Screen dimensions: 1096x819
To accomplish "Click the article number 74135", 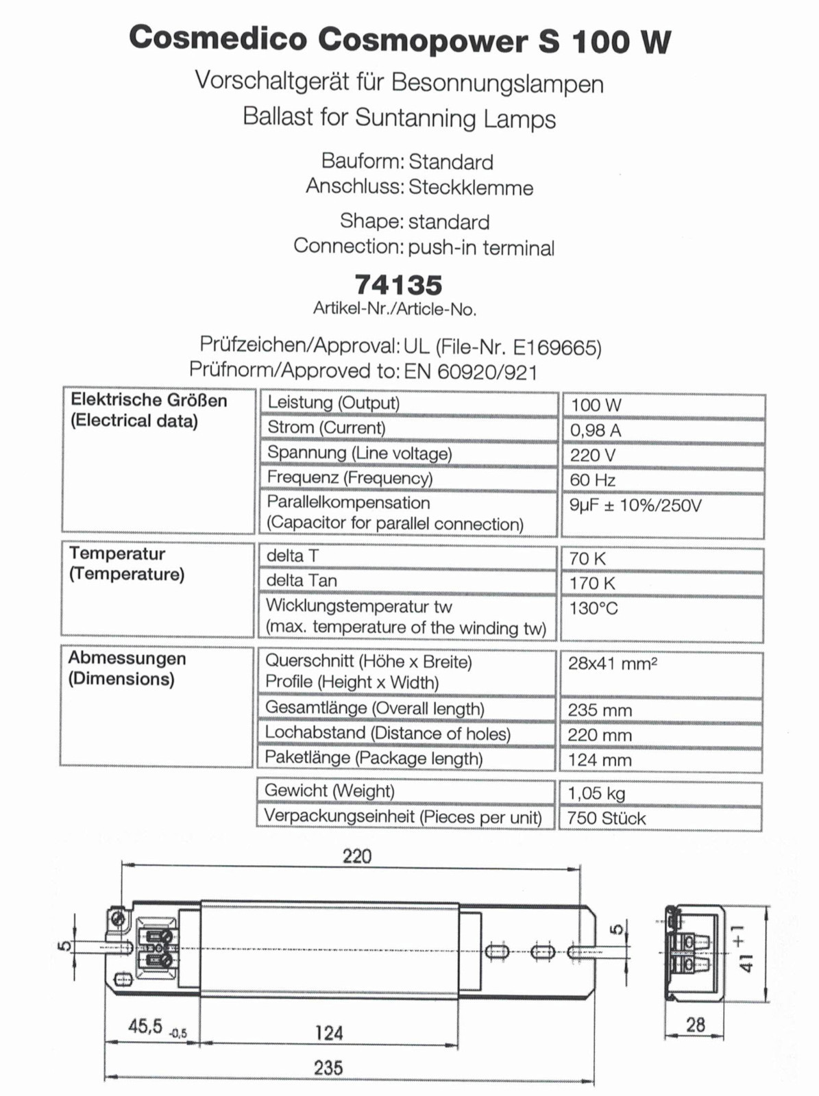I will coord(398,285).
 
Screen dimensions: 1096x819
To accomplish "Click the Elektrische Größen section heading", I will coord(149,400).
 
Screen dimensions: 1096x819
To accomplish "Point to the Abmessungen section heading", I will coord(127,658).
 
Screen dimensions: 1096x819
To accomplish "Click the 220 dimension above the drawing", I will coord(357,856).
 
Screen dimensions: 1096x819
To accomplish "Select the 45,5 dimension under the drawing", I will coord(145,1026).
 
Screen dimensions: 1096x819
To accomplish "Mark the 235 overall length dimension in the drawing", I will coord(328,1068).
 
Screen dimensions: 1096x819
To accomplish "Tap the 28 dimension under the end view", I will coord(695,1025).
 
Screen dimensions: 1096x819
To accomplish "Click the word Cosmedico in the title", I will coord(218,39).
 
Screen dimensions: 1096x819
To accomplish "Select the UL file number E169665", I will coord(556,348).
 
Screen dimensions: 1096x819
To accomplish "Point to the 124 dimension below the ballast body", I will coord(328,1033).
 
